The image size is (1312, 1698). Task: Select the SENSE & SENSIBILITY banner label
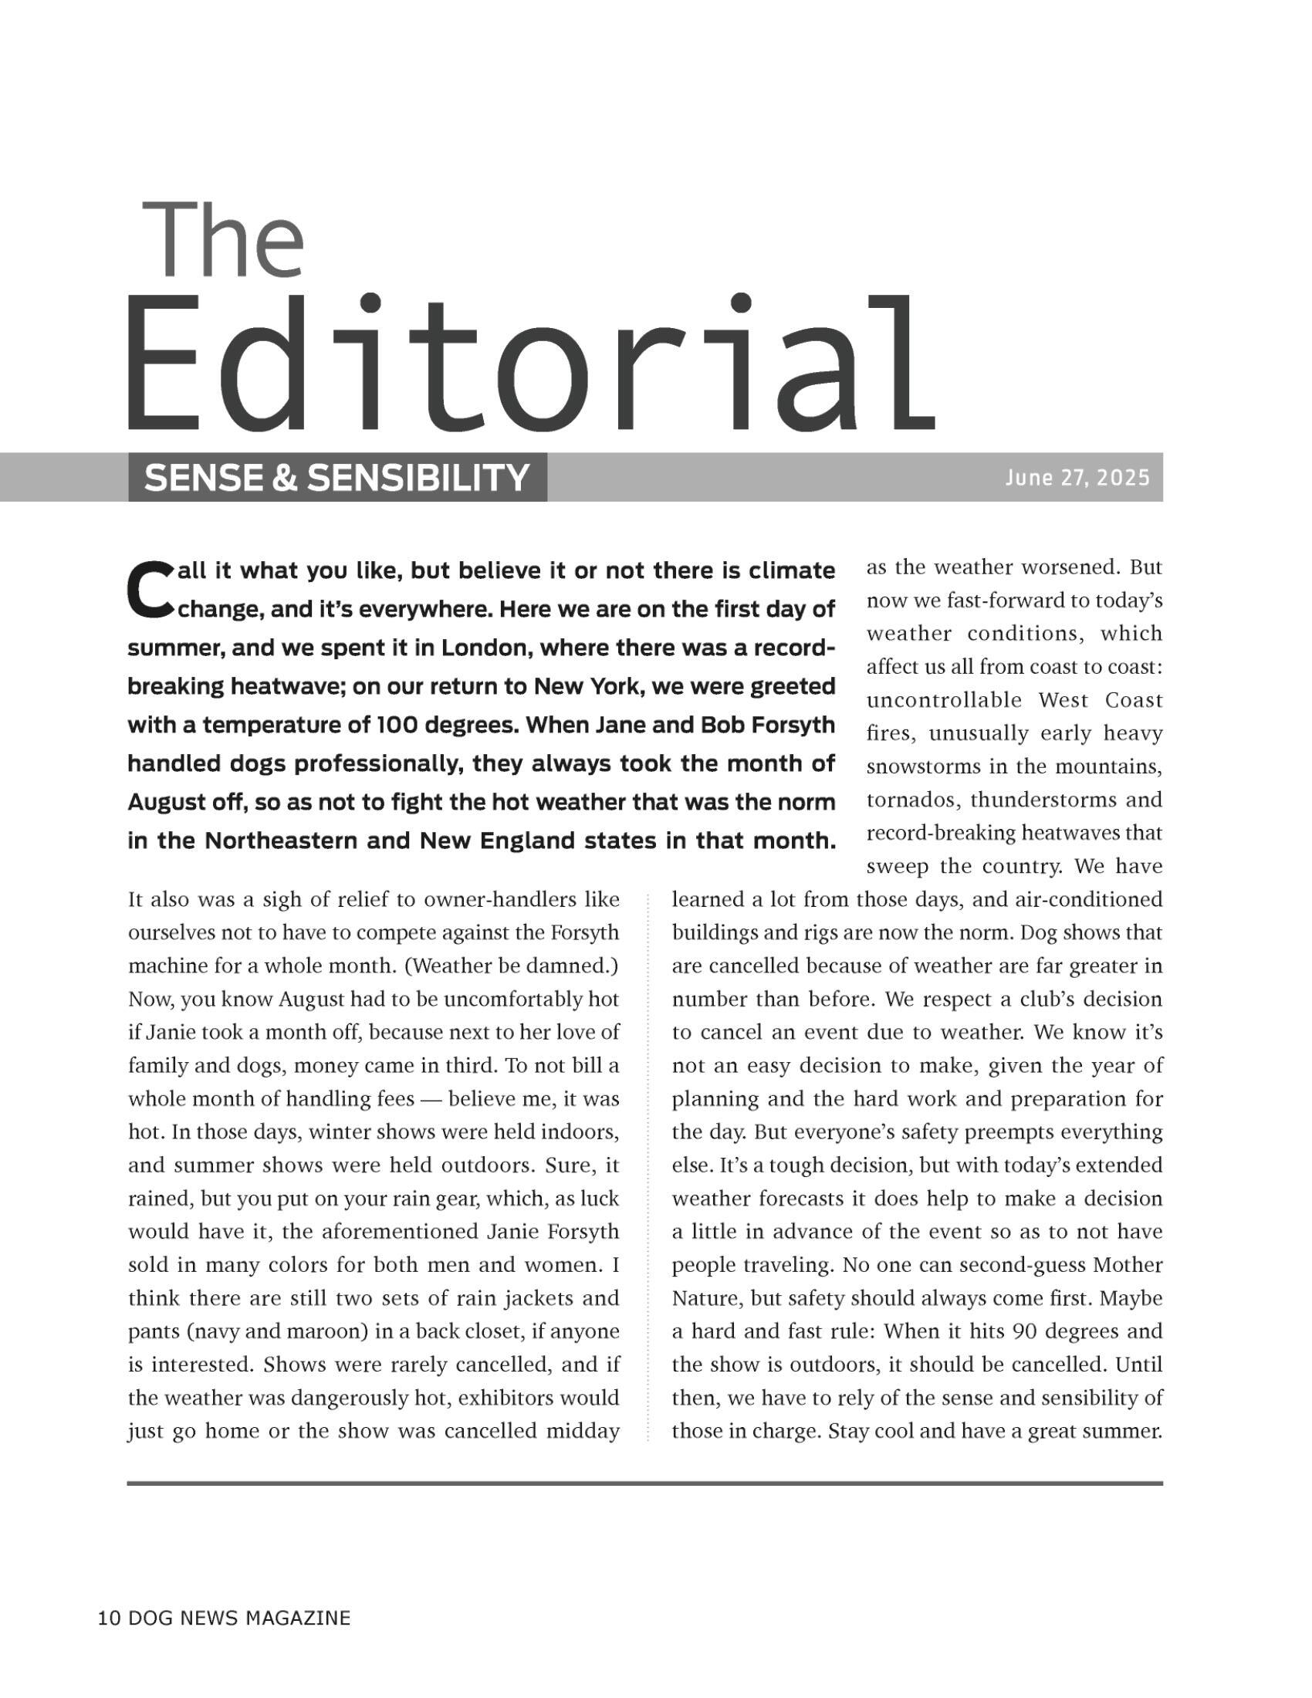(x=336, y=477)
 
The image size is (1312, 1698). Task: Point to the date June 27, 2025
(x=1077, y=477)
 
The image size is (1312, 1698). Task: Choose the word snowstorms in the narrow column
(x=920, y=767)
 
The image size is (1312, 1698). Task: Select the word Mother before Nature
(x=1127, y=1265)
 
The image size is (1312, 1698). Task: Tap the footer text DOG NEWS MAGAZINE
(x=238, y=1619)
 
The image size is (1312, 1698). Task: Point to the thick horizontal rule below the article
(x=645, y=1483)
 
